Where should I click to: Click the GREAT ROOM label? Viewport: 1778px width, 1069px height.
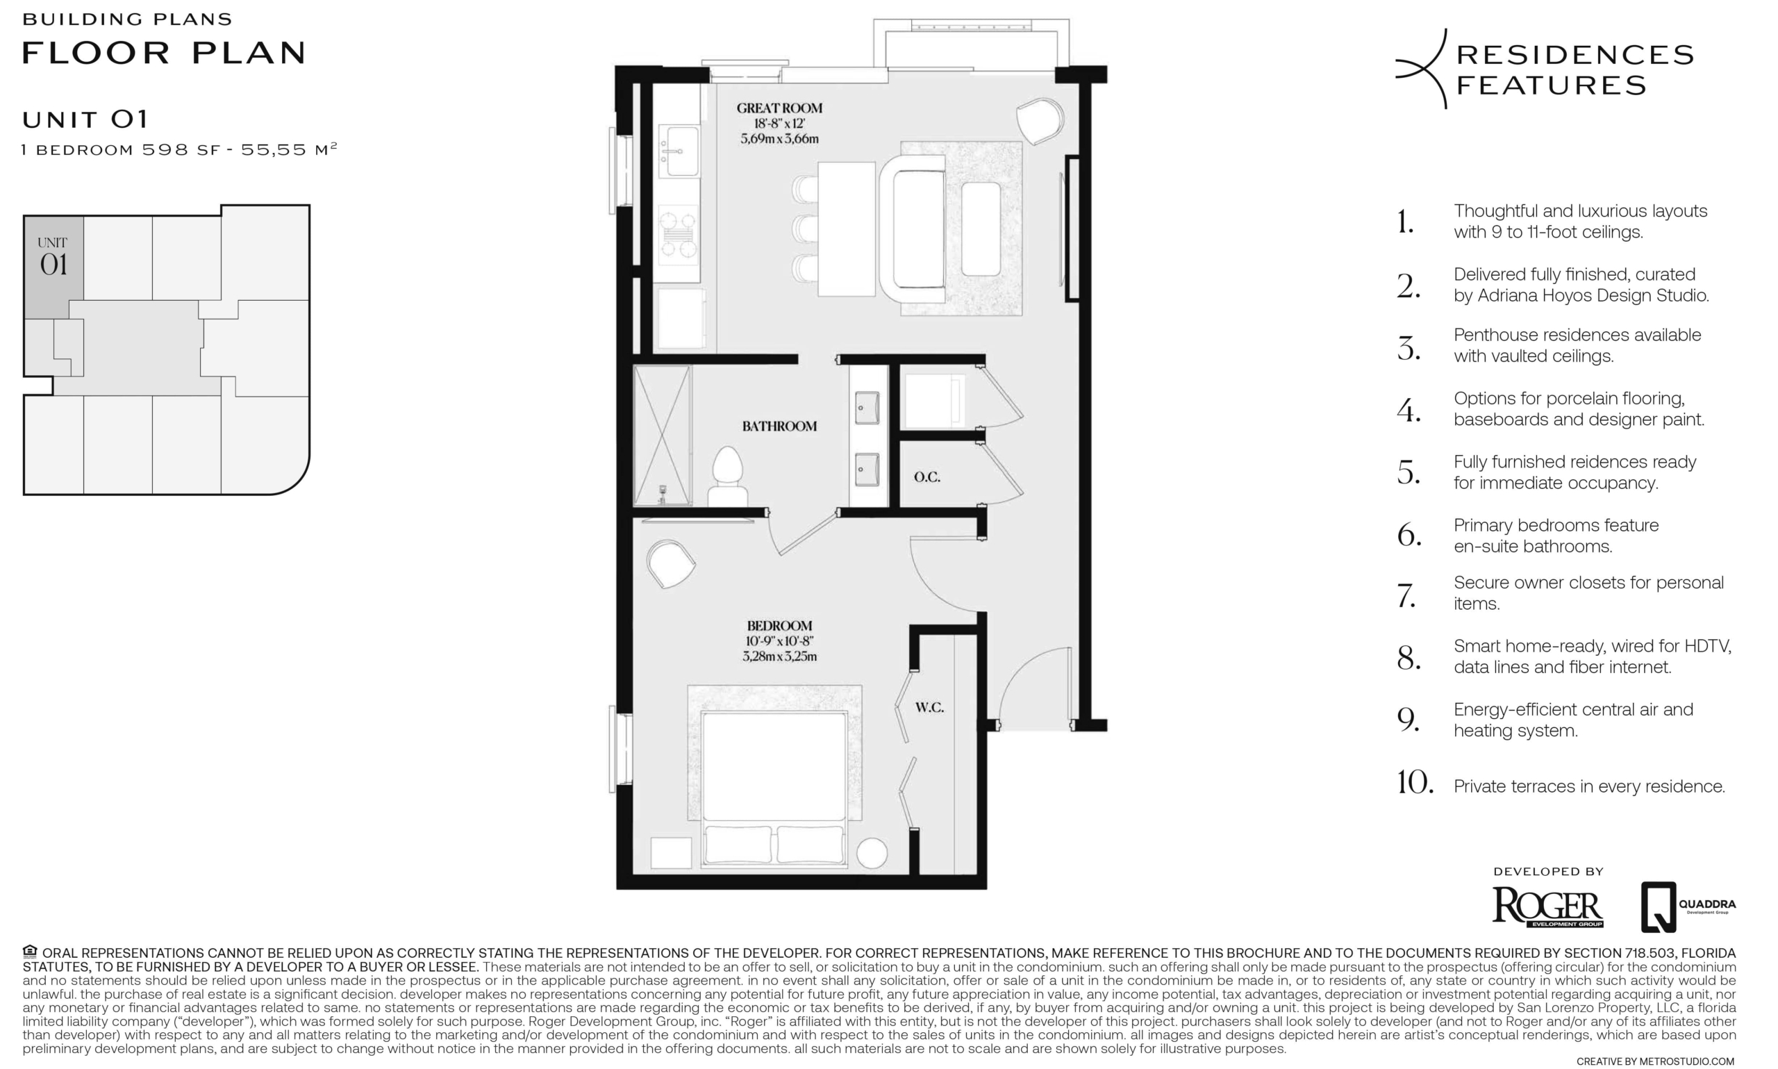(779, 109)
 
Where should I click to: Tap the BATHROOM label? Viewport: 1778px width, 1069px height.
(779, 426)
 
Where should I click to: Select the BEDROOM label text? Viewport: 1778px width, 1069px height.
(779, 626)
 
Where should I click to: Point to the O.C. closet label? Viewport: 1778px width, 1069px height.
(927, 477)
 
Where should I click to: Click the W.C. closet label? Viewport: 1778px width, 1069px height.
(929, 708)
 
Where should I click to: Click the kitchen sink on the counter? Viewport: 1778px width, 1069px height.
(679, 151)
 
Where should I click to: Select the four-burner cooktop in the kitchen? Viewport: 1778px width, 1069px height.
(679, 231)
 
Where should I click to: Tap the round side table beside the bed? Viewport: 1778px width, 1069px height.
(872, 853)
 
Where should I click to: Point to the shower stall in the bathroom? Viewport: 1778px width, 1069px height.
(662, 435)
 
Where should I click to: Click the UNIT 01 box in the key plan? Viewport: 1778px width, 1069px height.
(53, 267)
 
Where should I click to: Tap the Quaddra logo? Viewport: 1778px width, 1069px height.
(1688, 907)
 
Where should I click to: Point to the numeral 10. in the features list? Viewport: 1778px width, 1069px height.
(1414, 783)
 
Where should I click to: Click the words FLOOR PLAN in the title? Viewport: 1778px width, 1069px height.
(164, 53)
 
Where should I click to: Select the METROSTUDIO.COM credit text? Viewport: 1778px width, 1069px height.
(1686, 1061)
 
